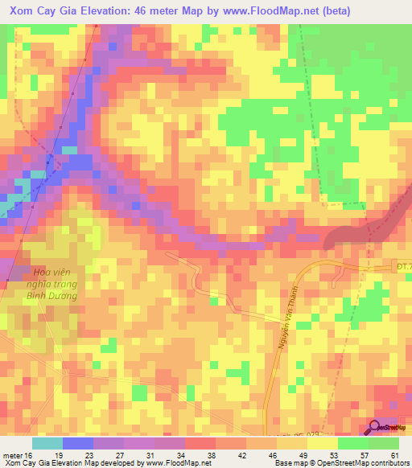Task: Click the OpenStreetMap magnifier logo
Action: click(x=374, y=429)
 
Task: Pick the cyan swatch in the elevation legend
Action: click(x=47, y=443)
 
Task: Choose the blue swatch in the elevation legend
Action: click(x=78, y=443)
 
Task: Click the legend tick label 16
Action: click(x=28, y=455)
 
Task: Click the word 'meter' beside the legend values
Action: click(x=11, y=455)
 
